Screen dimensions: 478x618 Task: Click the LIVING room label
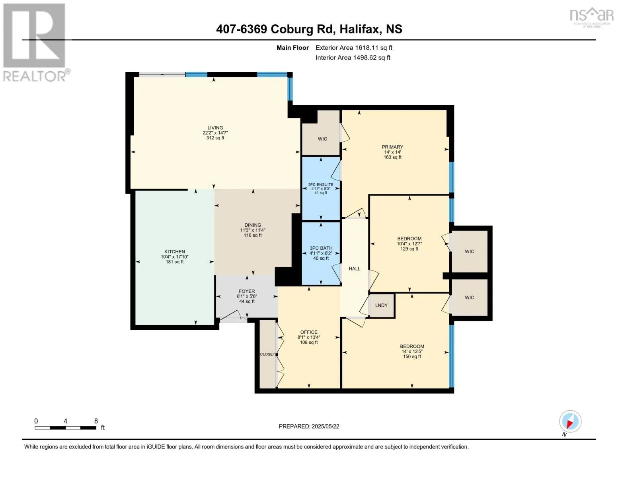215,128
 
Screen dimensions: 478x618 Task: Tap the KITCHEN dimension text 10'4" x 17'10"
175,257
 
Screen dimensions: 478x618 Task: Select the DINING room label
253,225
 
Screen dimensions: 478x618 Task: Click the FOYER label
247,291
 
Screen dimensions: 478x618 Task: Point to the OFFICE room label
309,332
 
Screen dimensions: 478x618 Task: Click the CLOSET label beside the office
267,354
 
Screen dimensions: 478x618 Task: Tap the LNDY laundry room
381,305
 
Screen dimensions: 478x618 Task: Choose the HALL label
354,268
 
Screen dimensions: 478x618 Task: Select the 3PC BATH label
321,248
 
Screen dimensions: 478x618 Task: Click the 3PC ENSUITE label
321,184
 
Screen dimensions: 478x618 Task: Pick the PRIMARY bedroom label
392,147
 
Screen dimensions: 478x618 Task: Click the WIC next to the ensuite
322,139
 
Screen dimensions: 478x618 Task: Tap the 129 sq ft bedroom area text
409,249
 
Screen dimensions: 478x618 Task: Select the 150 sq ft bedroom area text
412,357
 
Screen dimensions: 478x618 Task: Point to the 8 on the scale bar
96,421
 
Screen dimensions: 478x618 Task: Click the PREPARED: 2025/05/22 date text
309,426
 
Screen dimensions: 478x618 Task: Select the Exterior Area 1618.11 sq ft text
354,47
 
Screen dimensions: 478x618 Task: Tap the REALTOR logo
35,42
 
